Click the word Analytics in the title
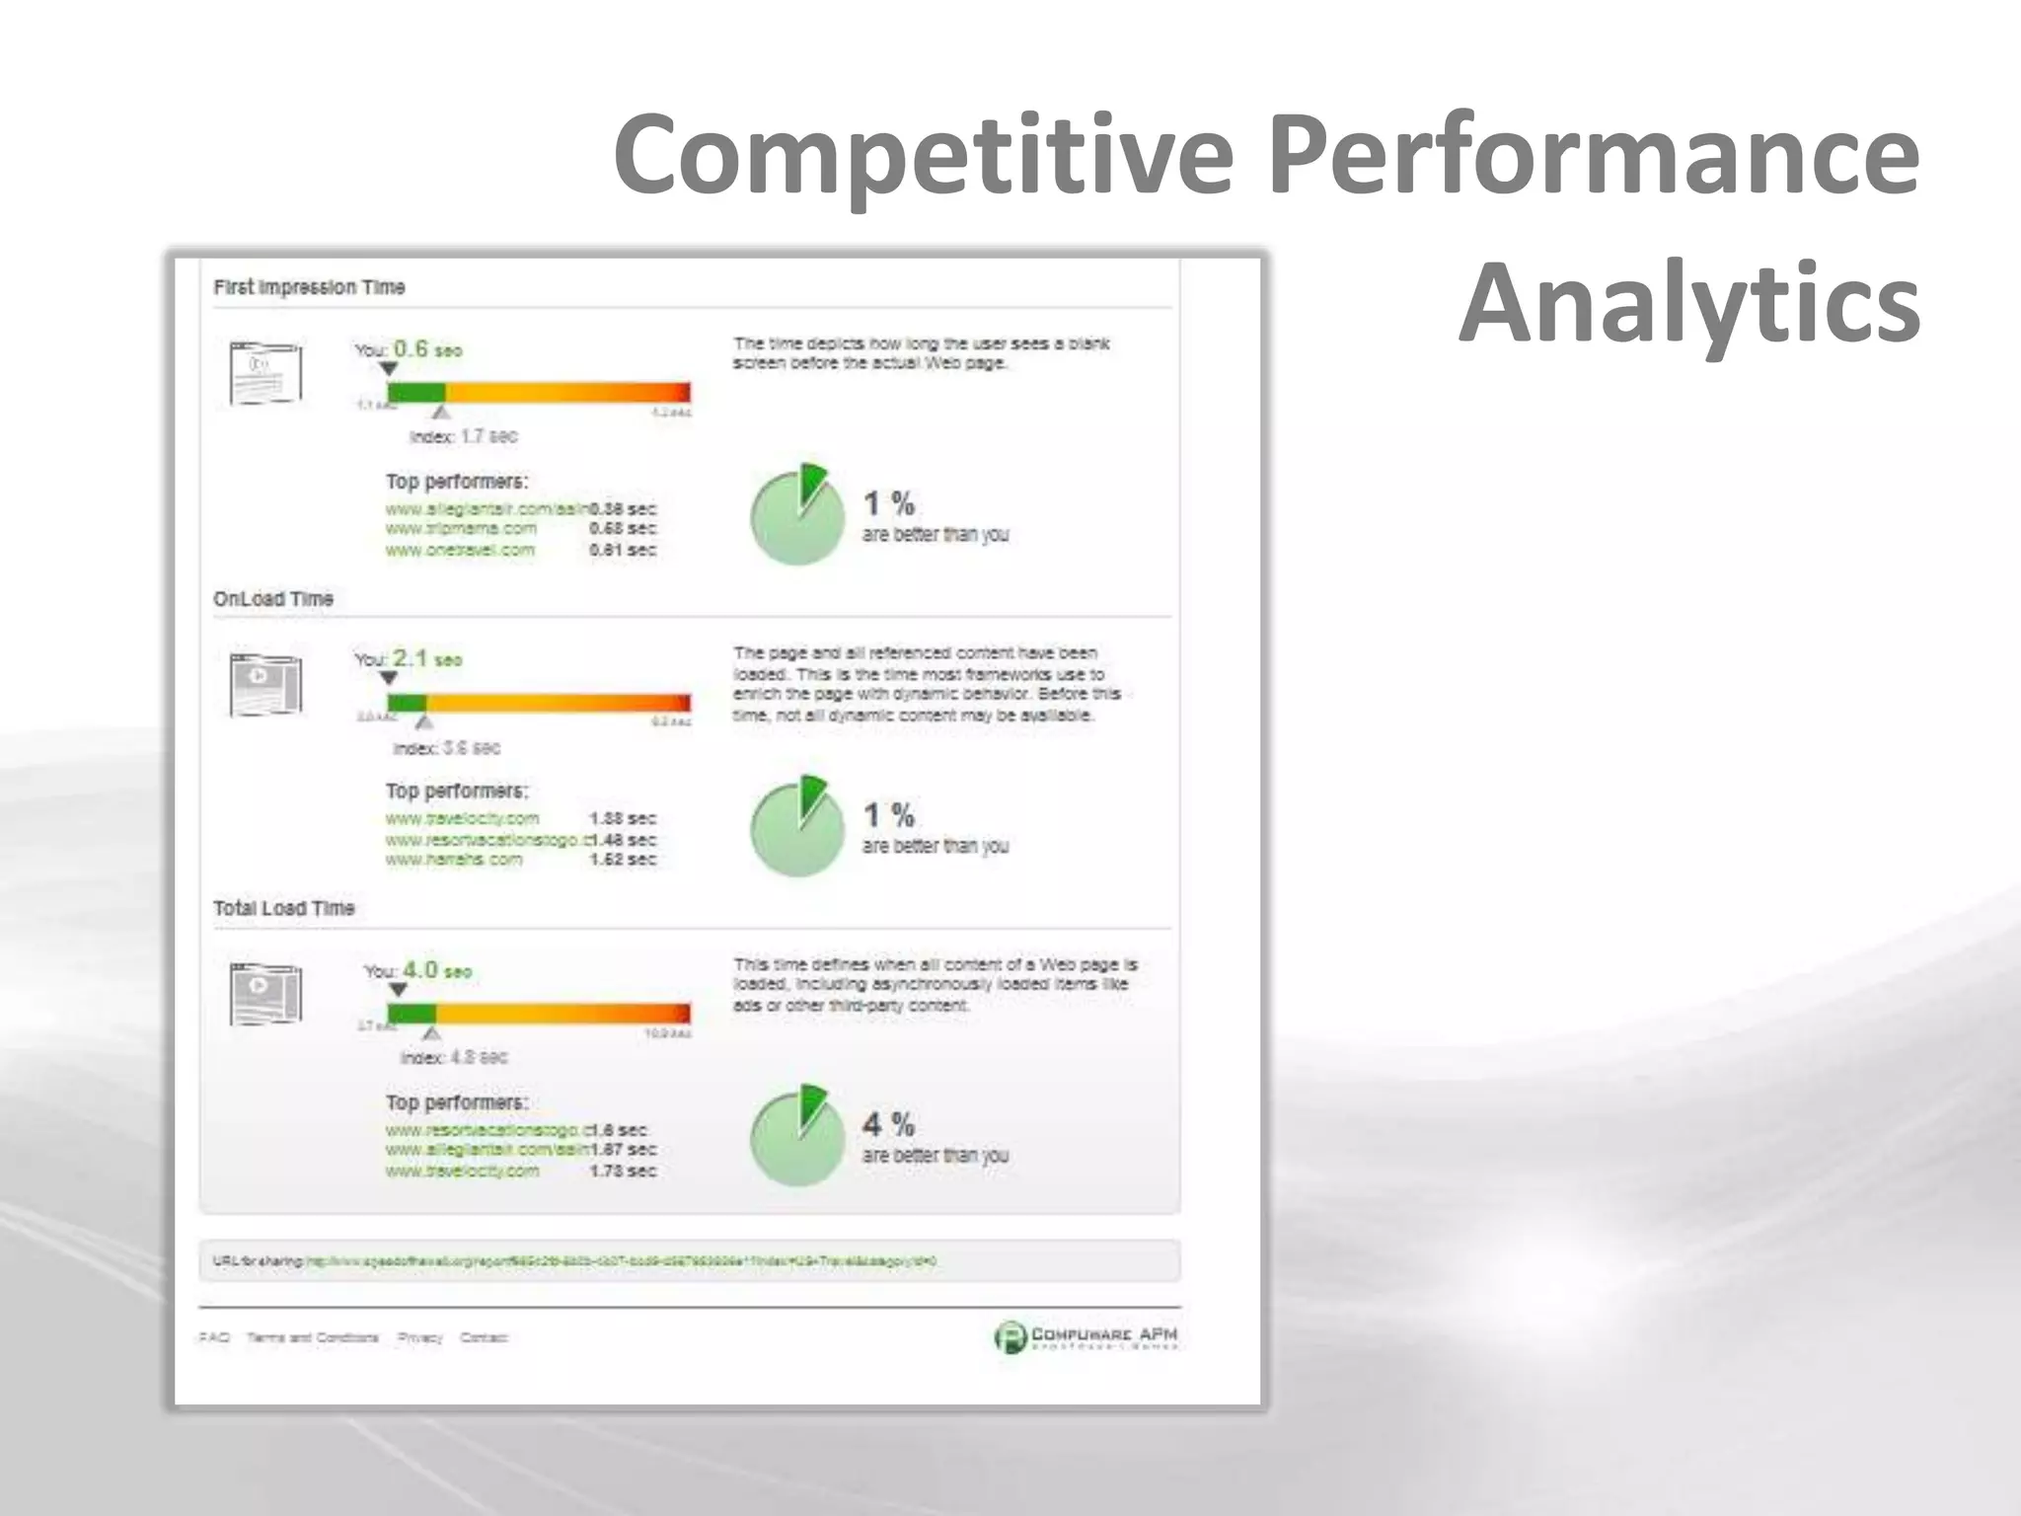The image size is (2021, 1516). pos(1689,302)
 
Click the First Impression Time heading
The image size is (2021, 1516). pos(309,287)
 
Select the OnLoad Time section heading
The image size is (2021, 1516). pos(273,599)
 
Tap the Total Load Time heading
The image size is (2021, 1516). pos(284,908)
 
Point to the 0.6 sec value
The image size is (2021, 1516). pos(426,349)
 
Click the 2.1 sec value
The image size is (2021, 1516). pos(426,658)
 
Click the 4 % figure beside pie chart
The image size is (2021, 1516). pos(888,1124)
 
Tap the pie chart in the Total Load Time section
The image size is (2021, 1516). pos(797,1137)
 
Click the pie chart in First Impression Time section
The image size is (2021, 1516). pos(797,515)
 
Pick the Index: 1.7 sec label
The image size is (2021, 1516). pos(463,436)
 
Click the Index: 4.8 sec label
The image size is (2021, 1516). pos(454,1057)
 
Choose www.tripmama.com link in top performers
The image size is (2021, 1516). pos(461,529)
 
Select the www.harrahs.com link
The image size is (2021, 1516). pos(454,860)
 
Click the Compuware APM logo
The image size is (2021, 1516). pos(1085,1336)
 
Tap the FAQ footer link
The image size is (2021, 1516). pos(213,1337)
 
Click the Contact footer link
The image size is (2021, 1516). pos(484,1337)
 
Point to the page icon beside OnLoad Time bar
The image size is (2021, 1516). pos(265,684)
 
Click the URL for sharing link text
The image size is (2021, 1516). pos(622,1261)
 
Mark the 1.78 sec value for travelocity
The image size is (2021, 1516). pos(623,1171)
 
